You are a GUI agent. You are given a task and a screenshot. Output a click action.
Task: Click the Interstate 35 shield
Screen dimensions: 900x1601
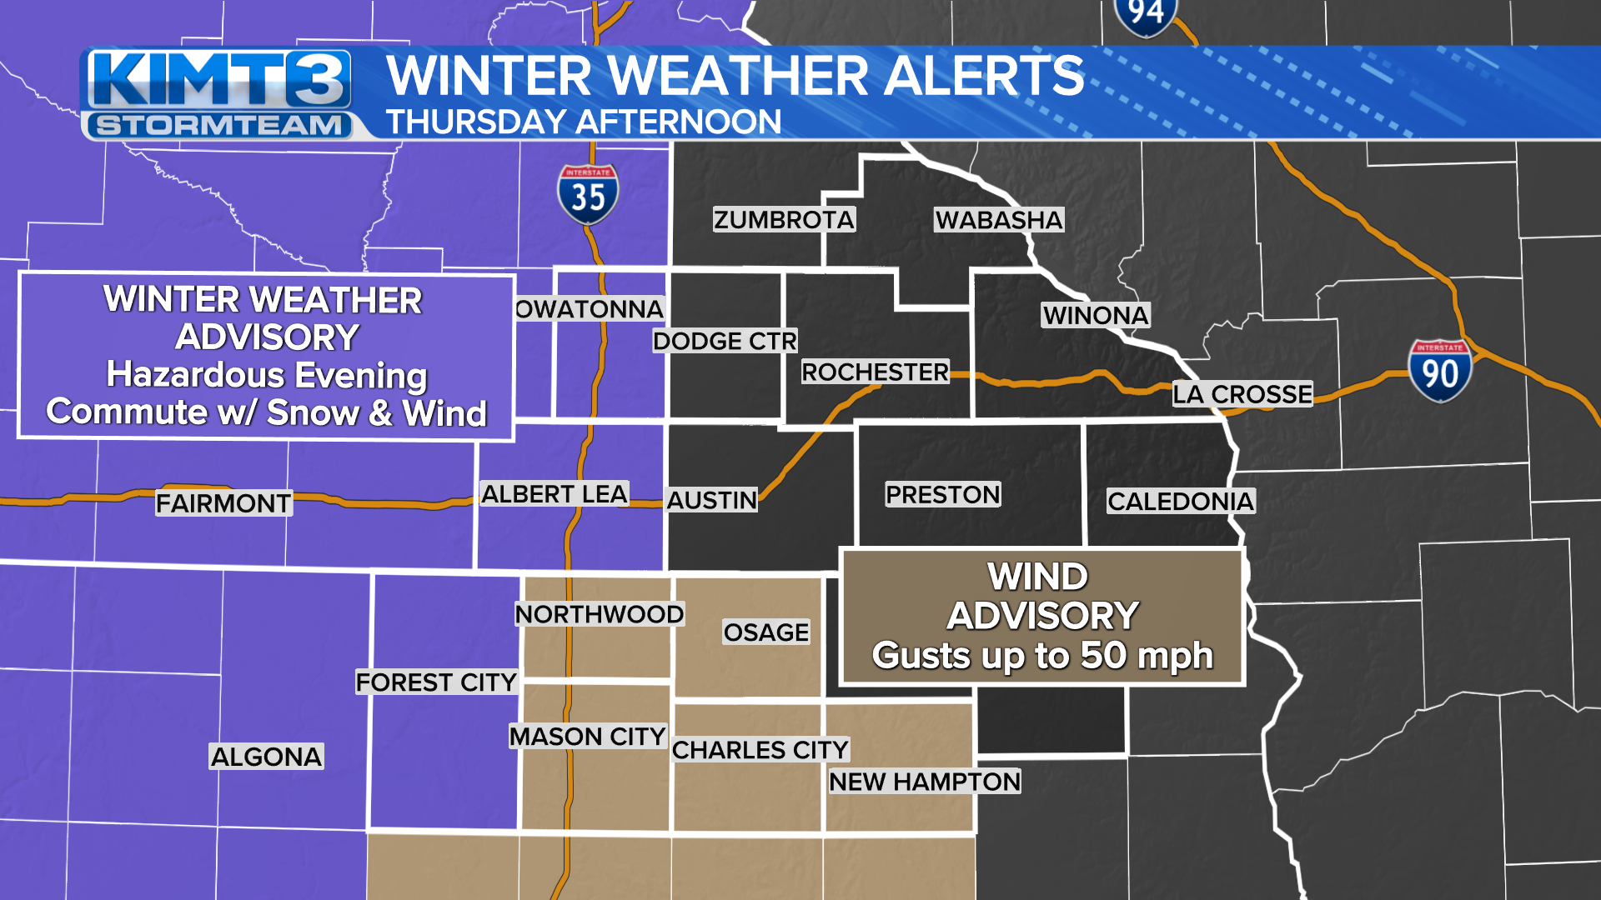click(588, 195)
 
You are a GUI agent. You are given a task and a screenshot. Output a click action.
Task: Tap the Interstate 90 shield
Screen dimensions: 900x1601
click(1439, 371)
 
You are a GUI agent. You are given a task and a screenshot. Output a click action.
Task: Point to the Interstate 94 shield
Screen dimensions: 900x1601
click(1145, 15)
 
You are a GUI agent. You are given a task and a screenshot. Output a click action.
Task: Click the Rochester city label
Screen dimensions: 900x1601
click(875, 372)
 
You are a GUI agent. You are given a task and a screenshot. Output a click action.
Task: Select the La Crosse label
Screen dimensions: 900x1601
click(1242, 394)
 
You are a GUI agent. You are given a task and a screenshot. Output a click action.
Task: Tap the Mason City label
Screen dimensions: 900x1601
click(587, 737)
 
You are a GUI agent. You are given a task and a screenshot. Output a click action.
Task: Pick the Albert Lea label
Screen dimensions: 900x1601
click(555, 494)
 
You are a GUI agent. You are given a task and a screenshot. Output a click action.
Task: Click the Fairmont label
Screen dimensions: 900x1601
click(223, 503)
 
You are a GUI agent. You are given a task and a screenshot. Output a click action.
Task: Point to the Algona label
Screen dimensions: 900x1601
click(266, 757)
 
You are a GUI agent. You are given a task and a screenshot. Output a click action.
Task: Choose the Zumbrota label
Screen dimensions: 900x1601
click(784, 220)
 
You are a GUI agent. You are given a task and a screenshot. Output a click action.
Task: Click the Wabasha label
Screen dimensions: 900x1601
click(999, 220)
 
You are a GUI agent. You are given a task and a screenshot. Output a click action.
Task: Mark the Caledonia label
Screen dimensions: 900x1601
click(1180, 502)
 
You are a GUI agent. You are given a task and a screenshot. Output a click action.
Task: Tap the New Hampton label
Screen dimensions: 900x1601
click(925, 782)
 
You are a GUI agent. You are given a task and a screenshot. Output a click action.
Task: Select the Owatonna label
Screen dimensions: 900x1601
click(590, 309)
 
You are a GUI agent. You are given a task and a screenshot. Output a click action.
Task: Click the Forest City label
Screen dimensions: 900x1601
click(437, 682)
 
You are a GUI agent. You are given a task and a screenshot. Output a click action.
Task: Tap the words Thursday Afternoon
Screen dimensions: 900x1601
click(584, 122)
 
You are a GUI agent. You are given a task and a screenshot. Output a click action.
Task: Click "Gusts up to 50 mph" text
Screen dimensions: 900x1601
click(1042, 656)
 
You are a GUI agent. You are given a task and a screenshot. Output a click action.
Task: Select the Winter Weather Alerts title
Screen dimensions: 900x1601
click(735, 76)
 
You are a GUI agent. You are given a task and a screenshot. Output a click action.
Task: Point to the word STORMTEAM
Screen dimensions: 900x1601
click(218, 126)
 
